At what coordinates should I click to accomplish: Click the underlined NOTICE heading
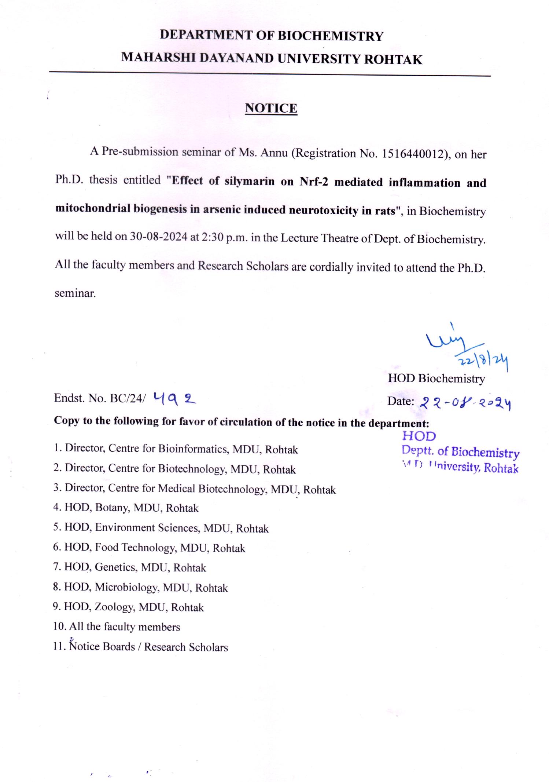tap(271, 108)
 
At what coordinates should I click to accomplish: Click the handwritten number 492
tap(175, 398)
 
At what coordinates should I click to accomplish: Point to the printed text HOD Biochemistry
tap(436, 379)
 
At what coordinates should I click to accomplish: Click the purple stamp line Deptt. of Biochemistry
tap(460, 452)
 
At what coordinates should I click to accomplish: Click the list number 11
tap(59, 647)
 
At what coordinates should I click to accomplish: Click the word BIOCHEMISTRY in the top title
tap(331, 36)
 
